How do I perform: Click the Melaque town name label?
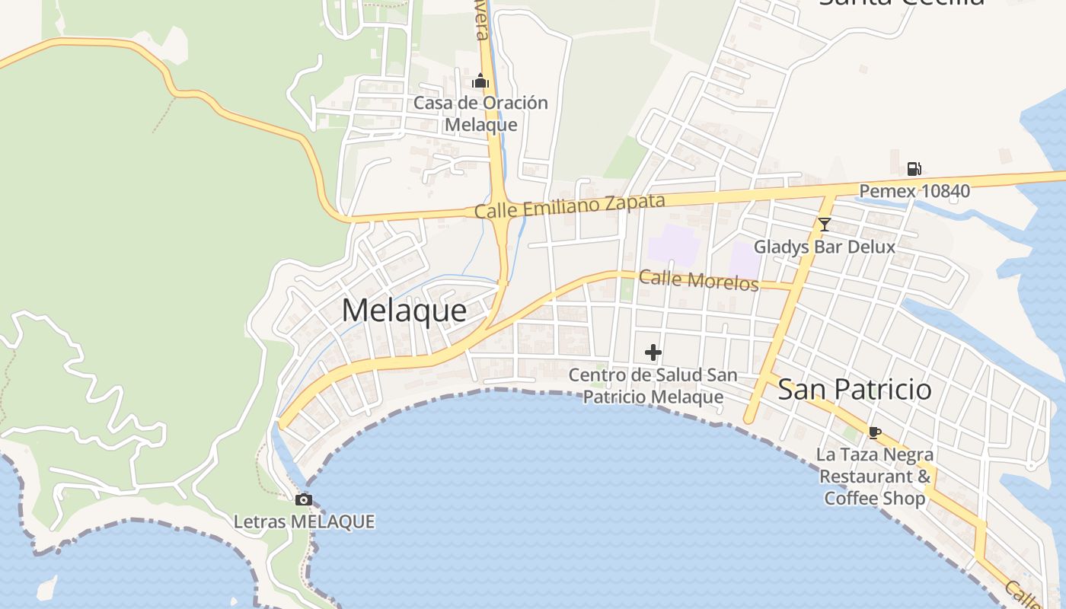coord(404,310)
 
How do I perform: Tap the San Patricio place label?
coord(854,389)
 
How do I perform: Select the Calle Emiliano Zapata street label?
coord(570,206)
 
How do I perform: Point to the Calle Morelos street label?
coord(699,279)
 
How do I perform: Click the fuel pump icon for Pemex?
coord(914,169)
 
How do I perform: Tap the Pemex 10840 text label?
coord(914,190)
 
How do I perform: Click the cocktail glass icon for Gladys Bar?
coord(824,224)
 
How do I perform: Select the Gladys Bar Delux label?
coord(824,247)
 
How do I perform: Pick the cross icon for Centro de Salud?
coord(653,352)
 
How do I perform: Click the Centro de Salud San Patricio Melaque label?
coord(653,386)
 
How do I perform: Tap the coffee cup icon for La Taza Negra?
coord(875,433)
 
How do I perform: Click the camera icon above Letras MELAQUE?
coord(304,500)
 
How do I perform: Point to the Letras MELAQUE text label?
coord(304,522)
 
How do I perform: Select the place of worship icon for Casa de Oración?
coord(480,81)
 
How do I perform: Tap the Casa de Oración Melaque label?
coord(480,113)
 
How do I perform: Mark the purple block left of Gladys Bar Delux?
coord(745,259)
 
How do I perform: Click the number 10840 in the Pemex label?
coord(945,190)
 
